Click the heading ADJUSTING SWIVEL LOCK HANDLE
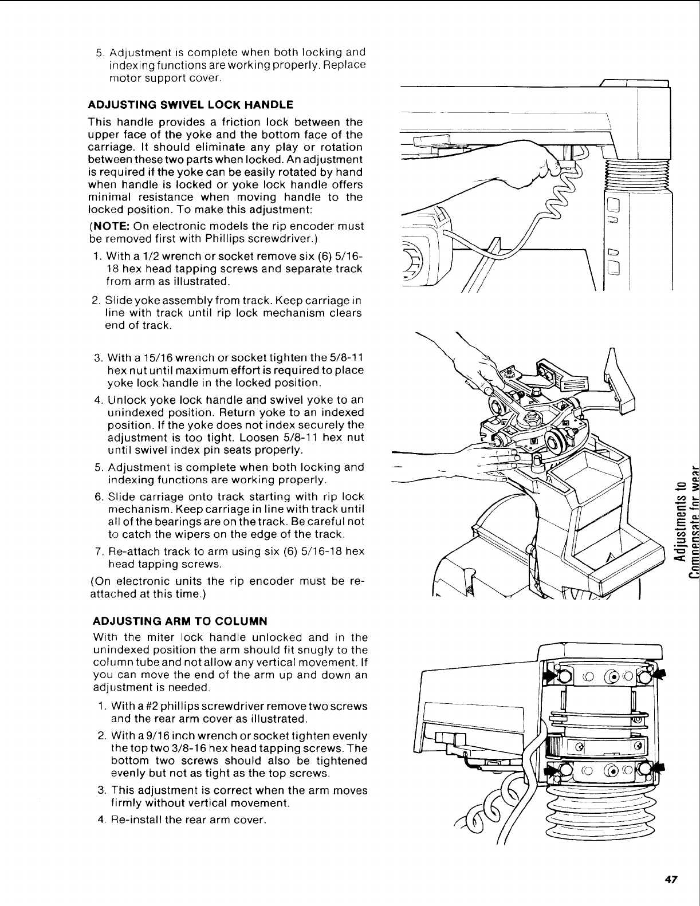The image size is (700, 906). (x=190, y=105)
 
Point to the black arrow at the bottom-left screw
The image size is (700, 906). (x=552, y=770)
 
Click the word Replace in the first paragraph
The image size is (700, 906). (x=343, y=65)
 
